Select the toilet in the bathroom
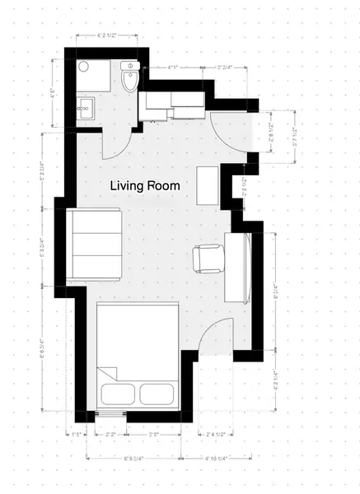pos(130,77)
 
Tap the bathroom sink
pos(84,107)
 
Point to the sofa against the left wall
pos(95,245)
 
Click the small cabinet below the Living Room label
pos(208,185)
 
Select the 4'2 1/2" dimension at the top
pos(106,36)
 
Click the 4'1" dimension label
pos(174,66)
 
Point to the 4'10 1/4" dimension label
pos(213,458)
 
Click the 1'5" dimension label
pos(77,434)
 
